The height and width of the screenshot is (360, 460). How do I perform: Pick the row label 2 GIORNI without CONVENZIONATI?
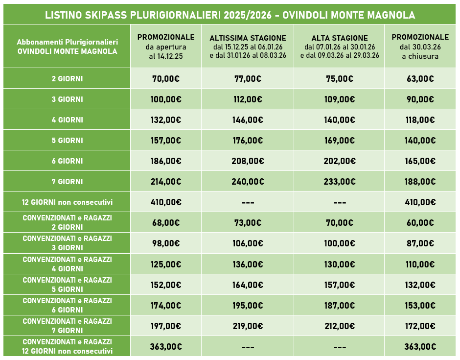point(67,79)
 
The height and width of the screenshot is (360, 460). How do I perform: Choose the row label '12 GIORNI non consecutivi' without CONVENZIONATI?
point(67,202)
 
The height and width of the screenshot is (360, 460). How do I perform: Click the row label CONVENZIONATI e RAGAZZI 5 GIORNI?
point(67,285)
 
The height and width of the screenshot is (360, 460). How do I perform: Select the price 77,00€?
point(248,79)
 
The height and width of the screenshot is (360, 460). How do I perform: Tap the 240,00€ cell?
point(248,182)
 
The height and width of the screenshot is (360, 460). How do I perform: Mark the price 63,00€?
point(420,79)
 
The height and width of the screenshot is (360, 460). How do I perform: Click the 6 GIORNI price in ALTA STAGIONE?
point(339,161)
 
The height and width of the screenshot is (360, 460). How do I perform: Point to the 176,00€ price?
point(248,141)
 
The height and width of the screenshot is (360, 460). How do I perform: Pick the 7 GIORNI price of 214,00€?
point(165,182)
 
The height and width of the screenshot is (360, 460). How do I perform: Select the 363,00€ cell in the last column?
point(420,346)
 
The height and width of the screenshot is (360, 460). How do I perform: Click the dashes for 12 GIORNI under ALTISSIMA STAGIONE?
point(248,202)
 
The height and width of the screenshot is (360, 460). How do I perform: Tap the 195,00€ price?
point(248,305)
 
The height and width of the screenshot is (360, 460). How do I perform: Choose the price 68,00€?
point(165,223)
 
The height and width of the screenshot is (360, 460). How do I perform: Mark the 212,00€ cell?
point(339,326)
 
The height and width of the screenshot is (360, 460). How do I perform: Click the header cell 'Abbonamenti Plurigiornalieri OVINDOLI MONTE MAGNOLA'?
point(67,47)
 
